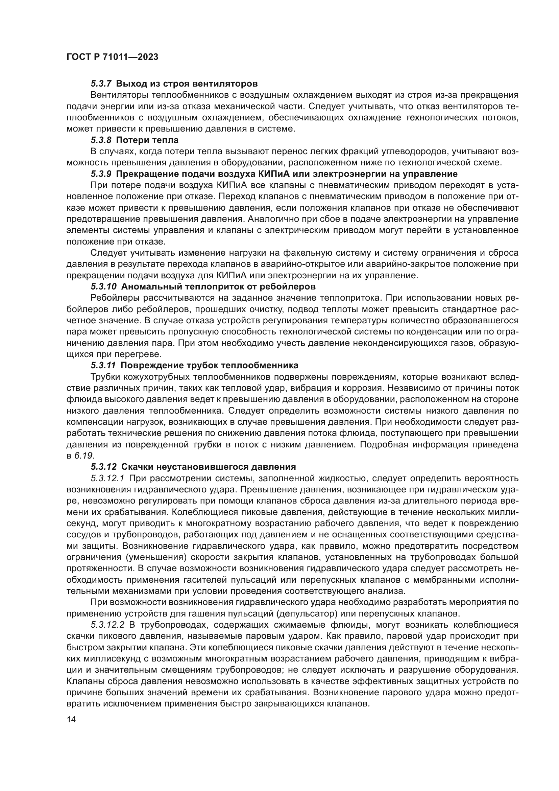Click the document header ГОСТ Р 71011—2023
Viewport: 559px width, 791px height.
112,57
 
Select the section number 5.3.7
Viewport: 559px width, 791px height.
101,84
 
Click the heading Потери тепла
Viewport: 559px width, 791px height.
147,140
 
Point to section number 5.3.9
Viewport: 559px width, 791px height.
101,173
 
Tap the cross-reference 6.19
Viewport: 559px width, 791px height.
83,456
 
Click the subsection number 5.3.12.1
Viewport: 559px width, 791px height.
110,479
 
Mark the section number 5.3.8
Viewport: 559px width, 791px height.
101,140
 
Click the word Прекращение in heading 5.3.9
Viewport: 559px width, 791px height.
148,173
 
